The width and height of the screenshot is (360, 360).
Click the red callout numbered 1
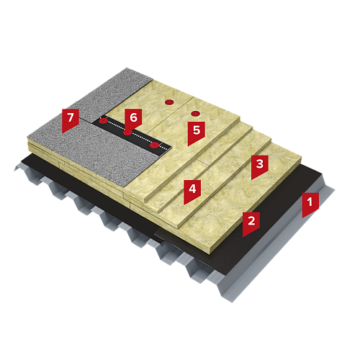point(310,204)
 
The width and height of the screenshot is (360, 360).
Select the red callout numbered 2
point(251,223)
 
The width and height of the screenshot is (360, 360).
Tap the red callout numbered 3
point(259,166)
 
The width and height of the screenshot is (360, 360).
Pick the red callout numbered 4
point(192,192)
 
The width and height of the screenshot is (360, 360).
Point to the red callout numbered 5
point(197,132)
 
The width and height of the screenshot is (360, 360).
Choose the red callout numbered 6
point(133,120)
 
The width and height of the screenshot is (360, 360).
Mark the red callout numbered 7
point(71,120)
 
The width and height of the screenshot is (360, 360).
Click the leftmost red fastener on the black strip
point(104,121)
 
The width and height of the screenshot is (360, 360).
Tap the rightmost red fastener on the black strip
point(154,145)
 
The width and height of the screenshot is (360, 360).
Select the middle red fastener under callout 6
point(127,132)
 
